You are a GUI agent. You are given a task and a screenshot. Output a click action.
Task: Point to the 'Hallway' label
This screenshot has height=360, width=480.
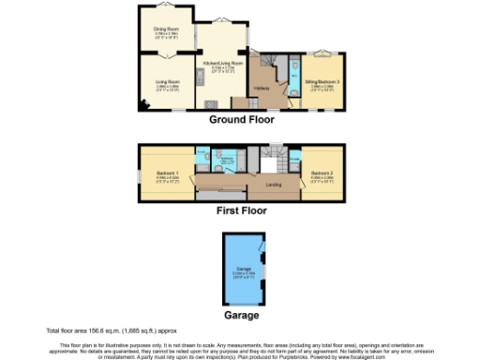[262, 88]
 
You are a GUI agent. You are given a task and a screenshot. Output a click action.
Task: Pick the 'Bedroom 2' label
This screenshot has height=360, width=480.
[322, 172]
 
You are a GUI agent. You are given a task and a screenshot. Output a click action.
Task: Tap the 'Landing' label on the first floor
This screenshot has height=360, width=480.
[274, 184]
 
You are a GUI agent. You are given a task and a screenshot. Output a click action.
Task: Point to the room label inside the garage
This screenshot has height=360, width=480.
[242, 273]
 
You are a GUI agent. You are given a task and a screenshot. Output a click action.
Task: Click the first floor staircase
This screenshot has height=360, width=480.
[275, 160]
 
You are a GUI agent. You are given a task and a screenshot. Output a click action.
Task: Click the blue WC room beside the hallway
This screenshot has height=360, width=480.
[293, 74]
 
